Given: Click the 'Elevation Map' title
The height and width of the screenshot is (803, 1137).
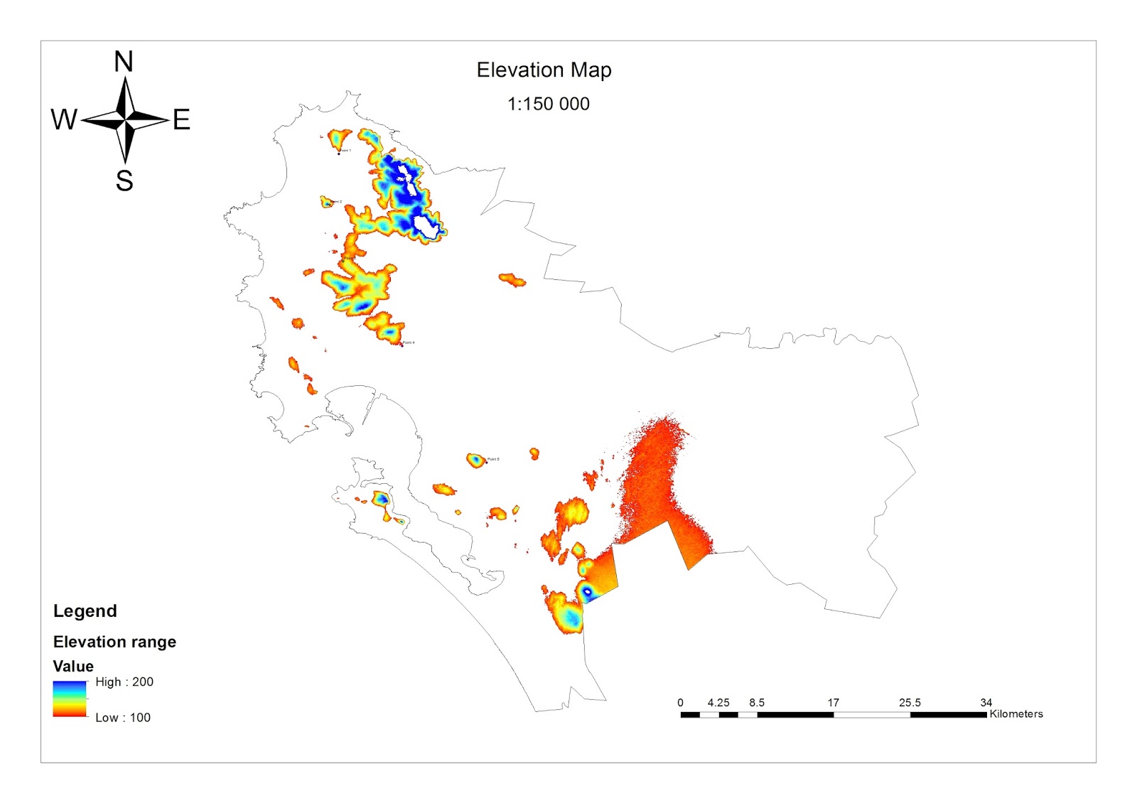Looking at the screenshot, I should tap(544, 70).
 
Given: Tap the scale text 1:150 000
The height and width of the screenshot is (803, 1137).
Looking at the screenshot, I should tap(548, 104).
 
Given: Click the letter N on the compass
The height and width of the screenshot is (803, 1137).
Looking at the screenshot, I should tap(124, 62).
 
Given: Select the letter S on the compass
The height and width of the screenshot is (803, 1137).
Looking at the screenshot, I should tap(124, 180).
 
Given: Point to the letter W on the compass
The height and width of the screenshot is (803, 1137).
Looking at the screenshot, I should tap(64, 119).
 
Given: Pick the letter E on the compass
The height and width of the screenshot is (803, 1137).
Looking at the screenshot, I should tap(181, 119).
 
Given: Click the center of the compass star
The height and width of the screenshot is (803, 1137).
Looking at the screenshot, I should tap(125, 120).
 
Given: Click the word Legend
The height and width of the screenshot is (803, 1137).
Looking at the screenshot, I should tap(85, 611).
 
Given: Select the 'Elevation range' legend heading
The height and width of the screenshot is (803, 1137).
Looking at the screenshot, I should tap(114, 642).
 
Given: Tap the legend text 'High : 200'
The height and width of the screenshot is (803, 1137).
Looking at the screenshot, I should tap(124, 681).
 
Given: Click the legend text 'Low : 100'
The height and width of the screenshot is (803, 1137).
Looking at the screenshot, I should tap(123, 717).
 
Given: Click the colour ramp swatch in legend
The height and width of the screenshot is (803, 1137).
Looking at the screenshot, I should tap(69, 699).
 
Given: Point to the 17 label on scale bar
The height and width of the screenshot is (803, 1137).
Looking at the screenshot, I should tap(833, 702).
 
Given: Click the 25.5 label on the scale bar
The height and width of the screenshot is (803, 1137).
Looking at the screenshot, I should tap(910, 702).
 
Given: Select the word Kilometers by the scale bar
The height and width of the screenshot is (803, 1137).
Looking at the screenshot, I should tap(1016, 713).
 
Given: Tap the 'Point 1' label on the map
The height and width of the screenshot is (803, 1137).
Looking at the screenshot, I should tap(345, 151).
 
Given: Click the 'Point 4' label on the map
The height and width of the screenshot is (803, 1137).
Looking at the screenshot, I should tap(409, 343).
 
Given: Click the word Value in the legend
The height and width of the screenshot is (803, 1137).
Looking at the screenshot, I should tap(73, 666).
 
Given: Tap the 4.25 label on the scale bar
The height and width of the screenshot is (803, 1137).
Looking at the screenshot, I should tap(718, 702).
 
